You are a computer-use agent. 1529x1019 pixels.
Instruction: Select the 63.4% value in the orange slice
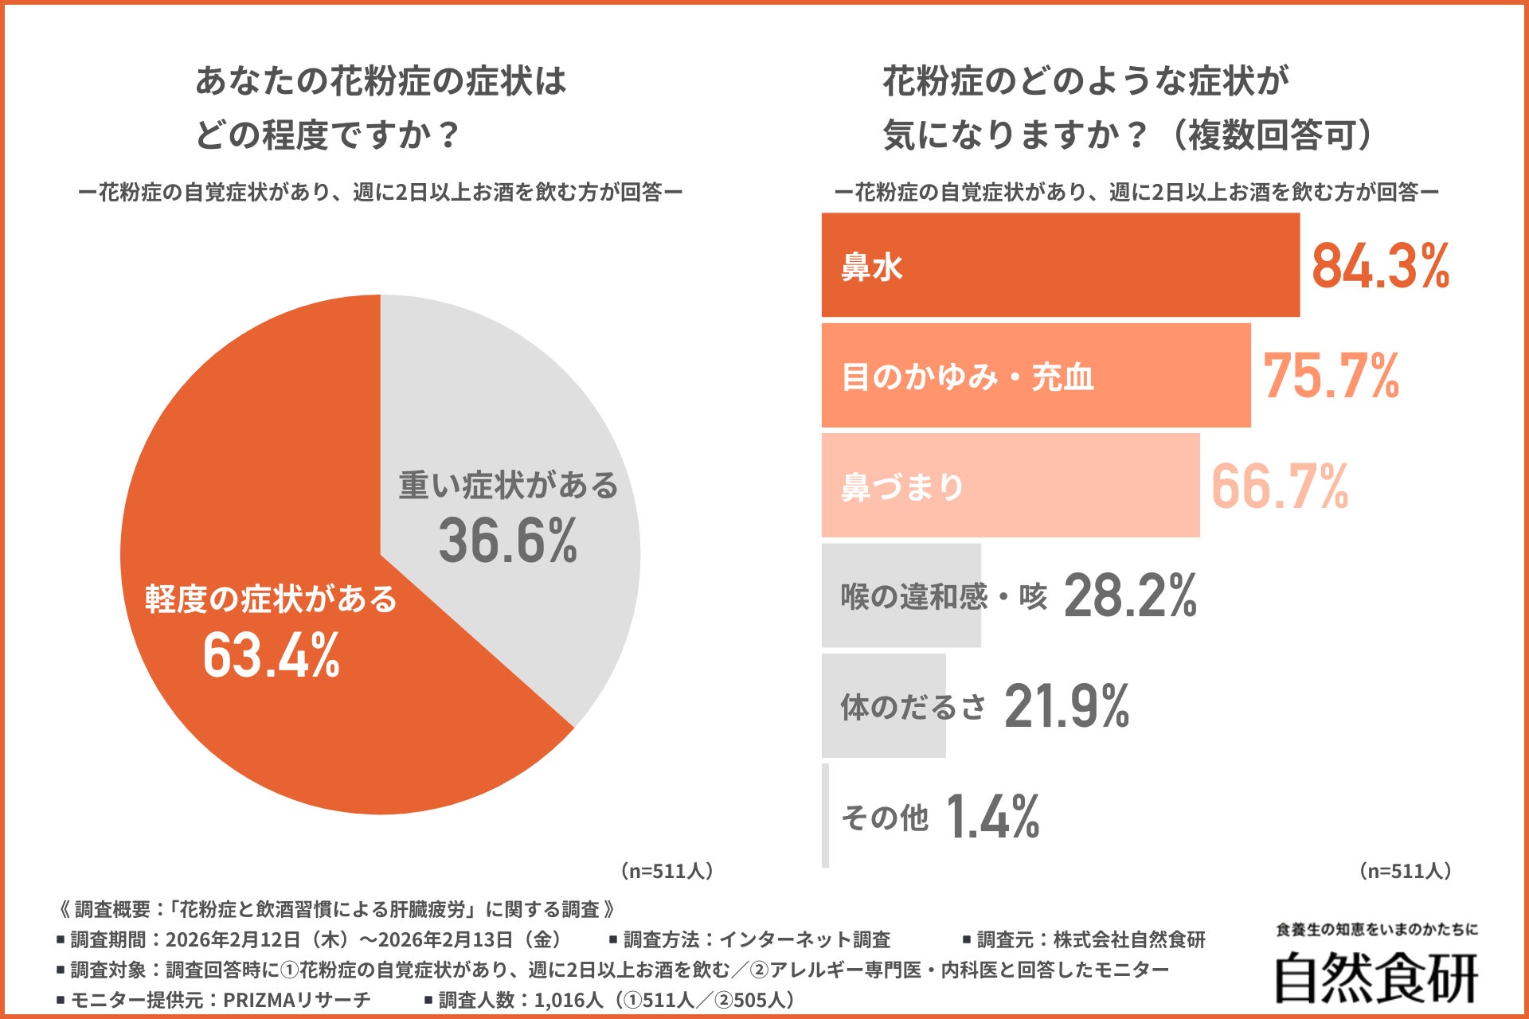tap(272, 655)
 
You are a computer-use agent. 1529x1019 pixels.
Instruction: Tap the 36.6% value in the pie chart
tap(508, 541)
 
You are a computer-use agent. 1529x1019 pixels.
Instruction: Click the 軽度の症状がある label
tap(271, 599)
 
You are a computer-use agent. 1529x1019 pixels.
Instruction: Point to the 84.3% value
tap(1380, 266)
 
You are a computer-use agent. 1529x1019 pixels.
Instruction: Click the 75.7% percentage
tap(1331, 376)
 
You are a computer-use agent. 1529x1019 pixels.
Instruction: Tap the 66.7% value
tap(1279, 486)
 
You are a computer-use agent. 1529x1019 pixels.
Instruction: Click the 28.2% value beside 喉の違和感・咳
tap(1130, 595)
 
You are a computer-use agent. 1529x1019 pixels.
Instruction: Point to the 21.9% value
tap(1066, 706)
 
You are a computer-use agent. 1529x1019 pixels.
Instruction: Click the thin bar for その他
tap(826, 816)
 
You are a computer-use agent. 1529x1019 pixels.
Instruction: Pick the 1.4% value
tap(992, 817)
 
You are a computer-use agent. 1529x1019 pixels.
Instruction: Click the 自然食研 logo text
tap(1376, 978)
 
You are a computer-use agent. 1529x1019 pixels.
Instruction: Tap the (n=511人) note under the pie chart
tap(667, 871)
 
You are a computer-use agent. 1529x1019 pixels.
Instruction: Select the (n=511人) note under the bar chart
tap(1406, 871)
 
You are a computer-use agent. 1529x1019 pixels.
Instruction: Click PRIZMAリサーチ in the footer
tap(297, 999)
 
